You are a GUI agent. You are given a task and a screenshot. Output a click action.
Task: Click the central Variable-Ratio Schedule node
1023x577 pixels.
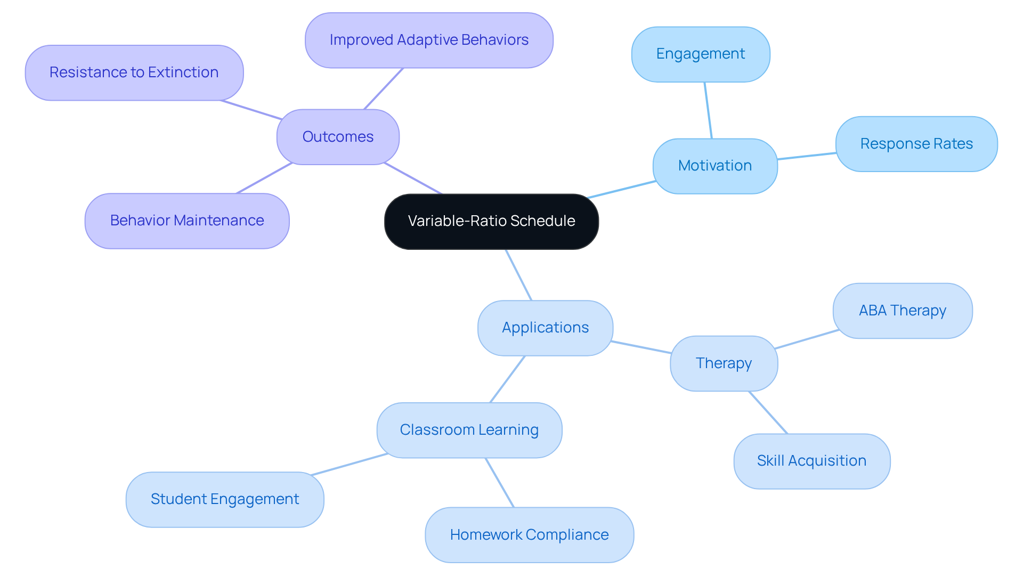[x=491, y=221]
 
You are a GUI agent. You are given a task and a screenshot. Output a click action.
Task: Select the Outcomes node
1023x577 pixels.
[x=338, y=137]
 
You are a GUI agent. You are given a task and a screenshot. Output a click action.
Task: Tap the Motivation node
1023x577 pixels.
[x=715, y=166]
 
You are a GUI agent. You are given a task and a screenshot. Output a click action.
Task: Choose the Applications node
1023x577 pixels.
[x=545, y=328]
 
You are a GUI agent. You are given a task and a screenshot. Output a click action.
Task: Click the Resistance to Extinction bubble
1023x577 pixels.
[x=134, y=72]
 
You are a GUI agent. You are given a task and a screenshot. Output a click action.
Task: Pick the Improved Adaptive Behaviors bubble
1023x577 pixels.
[x=429, y=40]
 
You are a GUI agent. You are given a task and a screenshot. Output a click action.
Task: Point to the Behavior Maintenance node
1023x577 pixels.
[x=186, y=221]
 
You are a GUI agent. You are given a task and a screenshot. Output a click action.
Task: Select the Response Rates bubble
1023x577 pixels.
[x=916, y=144]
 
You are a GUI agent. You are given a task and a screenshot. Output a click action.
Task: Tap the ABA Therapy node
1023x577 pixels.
[x=902, y=311]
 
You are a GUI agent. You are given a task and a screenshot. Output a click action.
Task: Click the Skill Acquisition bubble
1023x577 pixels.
[x=811, y=461]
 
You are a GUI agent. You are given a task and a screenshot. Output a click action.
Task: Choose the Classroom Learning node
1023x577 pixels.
[x=469, y=430]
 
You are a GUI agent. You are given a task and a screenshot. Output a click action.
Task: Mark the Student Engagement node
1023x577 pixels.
[x=224, y=499]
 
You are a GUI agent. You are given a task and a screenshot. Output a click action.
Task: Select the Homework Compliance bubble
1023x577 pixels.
[x=529, y=535]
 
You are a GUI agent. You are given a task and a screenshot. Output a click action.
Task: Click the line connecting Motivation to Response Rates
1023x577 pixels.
[x=807, y=156]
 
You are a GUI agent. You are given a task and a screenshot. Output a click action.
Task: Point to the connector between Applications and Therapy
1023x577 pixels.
[x=641, y=347]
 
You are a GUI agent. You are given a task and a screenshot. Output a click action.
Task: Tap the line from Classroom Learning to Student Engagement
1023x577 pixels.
[x=350, y=464]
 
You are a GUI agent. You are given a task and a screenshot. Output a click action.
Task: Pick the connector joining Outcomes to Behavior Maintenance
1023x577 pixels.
[x=264, y=178]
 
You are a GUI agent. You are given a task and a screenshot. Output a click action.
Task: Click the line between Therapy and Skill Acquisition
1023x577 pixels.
[x=768, y=412]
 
